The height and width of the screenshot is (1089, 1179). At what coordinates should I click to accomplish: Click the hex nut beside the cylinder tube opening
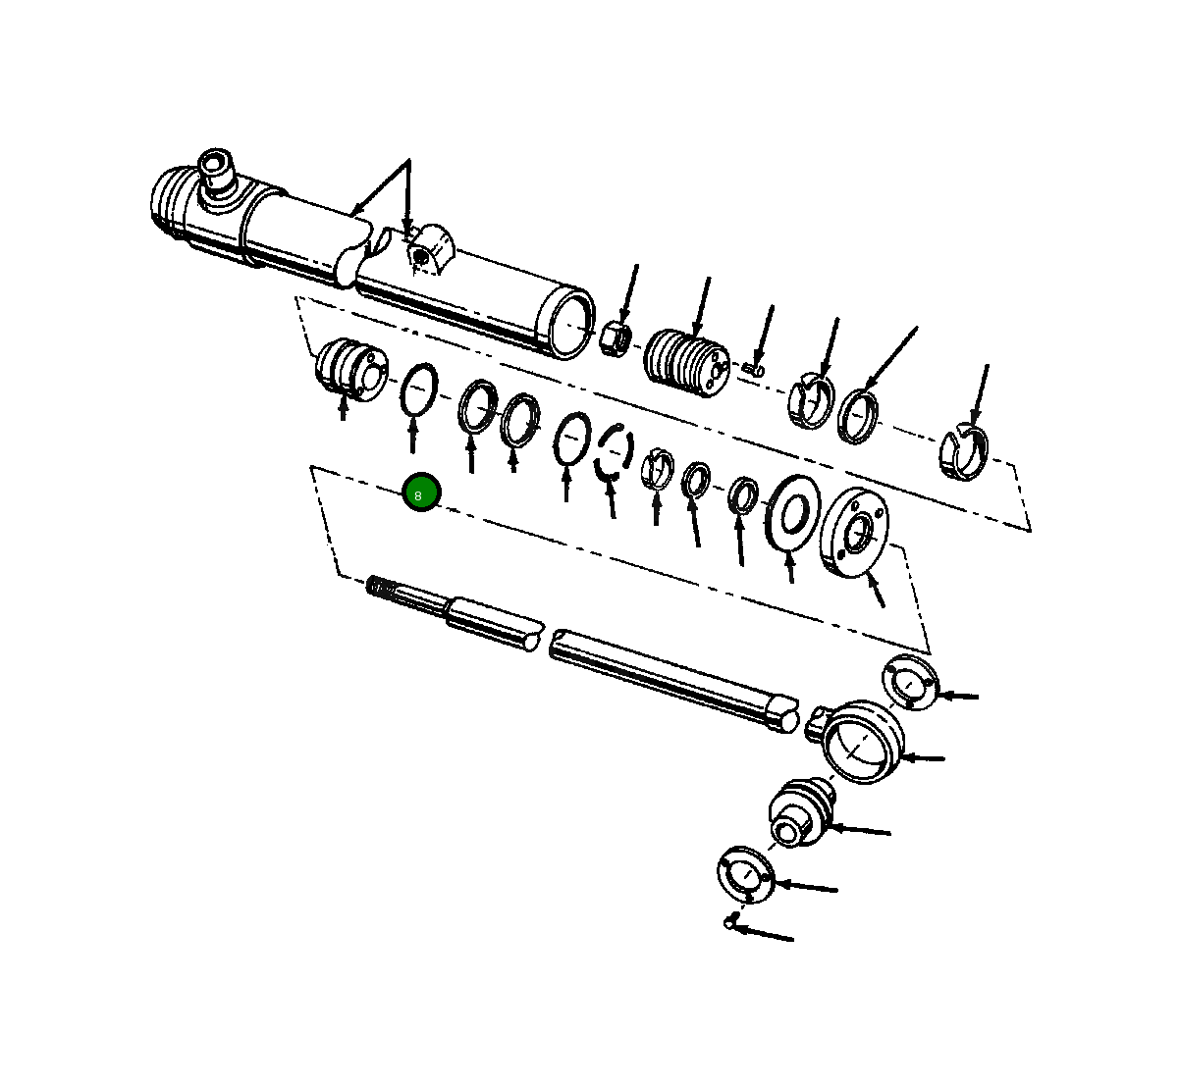click(616, 338)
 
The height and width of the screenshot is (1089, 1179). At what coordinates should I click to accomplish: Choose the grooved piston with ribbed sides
click(687, 364)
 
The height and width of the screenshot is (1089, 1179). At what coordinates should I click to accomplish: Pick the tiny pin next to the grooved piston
click(754, 369)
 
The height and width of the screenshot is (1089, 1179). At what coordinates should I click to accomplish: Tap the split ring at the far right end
click(965, 454)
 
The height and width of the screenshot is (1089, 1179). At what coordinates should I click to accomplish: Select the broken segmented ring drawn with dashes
click(614, 452)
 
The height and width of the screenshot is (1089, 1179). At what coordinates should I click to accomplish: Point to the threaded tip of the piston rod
click(383, 589)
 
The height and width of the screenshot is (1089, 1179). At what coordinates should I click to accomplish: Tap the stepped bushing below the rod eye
click(798, 811)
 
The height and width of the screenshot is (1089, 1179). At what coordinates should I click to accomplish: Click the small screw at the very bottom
click(731, 920)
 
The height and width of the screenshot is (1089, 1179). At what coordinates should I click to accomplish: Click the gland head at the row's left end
click(348, 368)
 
